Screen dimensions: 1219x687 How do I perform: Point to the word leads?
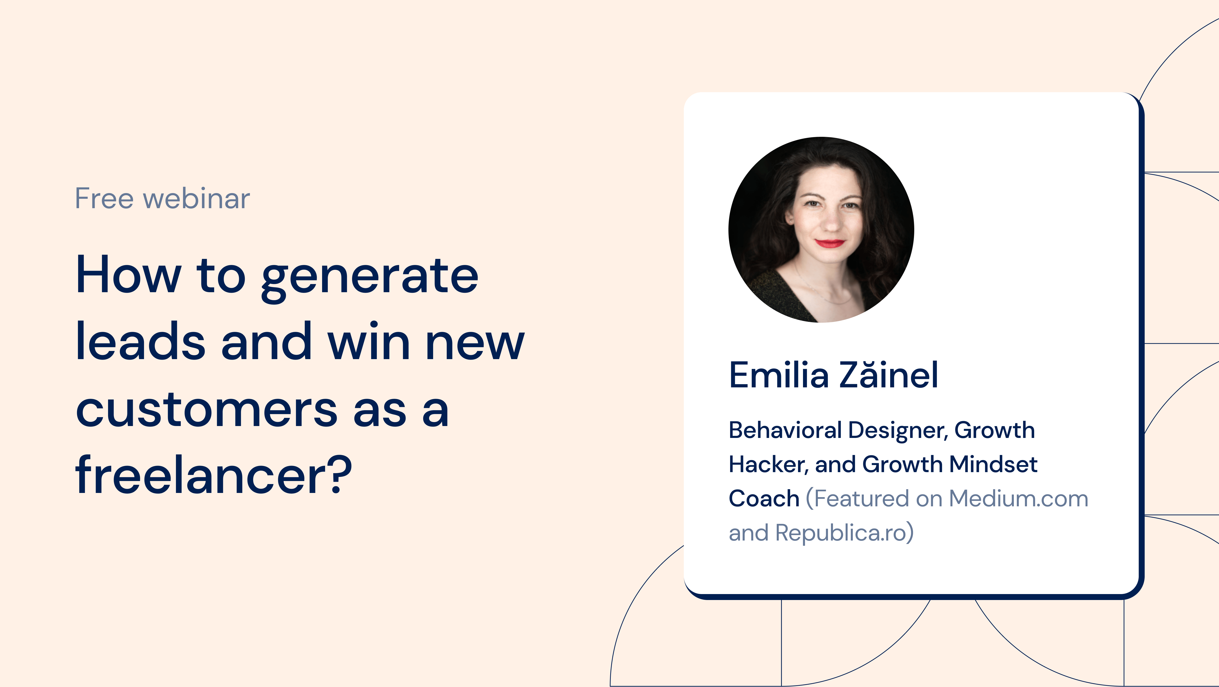140,341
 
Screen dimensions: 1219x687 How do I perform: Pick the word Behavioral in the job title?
785,430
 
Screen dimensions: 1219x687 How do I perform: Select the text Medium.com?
1019,499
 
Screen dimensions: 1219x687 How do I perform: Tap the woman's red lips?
830,243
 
